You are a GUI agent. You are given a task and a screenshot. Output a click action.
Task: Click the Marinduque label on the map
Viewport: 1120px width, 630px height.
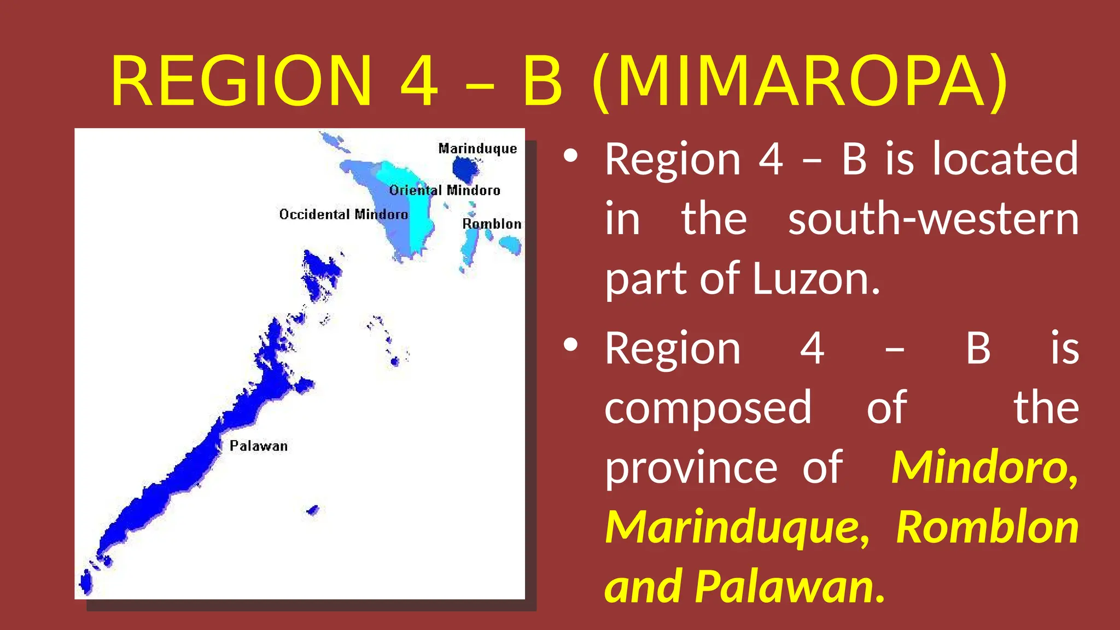click(477, 149)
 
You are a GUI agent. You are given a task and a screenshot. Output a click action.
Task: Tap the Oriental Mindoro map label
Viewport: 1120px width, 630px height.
click(445, 190)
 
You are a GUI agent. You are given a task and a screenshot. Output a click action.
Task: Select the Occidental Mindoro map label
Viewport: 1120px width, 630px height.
click(343, 214)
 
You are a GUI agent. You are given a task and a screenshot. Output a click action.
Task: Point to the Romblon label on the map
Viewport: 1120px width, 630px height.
click(492, 224)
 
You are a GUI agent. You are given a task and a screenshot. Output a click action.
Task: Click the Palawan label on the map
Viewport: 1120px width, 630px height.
click(258, 446)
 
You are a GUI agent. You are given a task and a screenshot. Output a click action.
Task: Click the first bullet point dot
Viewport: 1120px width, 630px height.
click(570, 156)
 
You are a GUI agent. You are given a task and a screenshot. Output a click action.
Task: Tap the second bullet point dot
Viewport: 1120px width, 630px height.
click(570, 345)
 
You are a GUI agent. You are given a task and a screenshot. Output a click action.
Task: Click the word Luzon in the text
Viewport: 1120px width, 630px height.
click(816, 279)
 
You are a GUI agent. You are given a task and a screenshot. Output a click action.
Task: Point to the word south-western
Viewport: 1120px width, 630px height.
click(933, 219)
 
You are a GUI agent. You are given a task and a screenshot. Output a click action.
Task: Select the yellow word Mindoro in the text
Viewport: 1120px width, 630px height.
click(984, 468)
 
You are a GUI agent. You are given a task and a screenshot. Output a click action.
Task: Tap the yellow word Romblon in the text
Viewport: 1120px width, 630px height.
click(987, 527)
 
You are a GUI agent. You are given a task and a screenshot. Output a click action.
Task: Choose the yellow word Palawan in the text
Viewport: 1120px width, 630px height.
click(790, 587)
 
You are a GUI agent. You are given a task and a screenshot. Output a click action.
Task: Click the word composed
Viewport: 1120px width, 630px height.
click(708, 408)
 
